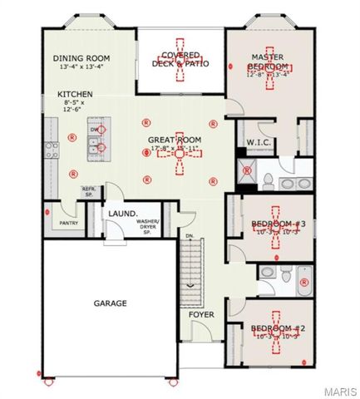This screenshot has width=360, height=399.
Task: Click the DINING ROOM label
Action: (81, 58)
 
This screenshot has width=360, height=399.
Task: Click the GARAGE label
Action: (110, 303)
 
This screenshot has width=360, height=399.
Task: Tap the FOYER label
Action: (201, 315)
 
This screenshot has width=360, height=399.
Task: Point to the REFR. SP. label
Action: (90, 193)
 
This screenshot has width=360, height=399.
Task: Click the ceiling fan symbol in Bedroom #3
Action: (278, 223)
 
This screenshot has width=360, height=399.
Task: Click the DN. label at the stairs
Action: (190, 236)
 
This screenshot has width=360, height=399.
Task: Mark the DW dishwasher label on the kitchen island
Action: (95, 131)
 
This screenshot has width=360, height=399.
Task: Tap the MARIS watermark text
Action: (341, 390)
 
